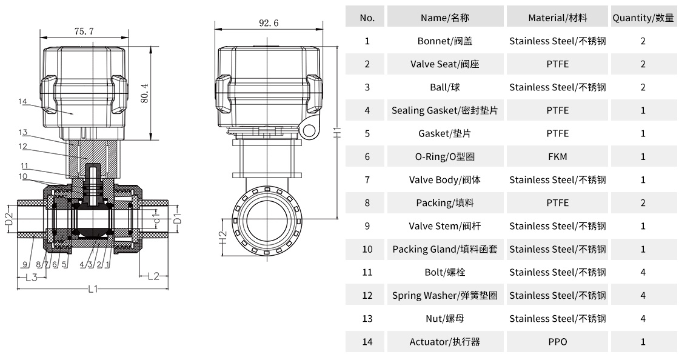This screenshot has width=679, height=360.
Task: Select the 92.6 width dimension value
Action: [x=268, y=23]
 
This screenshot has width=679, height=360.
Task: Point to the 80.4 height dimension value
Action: [x=145, y=93]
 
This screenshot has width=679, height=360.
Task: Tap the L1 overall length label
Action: [x=92, y=289]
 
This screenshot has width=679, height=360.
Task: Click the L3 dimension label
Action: [x=31, y=277]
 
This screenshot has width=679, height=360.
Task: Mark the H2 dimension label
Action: [x=222, y=238]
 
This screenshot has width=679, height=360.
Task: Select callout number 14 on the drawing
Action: [x=23, y=101]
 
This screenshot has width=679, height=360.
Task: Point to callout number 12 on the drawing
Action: [x=23, y=146]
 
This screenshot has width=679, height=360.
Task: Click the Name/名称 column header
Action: [x=444, y=18]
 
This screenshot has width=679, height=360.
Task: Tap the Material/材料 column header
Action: [x=557, y=18]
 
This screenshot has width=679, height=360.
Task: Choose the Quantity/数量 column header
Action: [x=643, y=18]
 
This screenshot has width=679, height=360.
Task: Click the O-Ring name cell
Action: [x=444, y=156]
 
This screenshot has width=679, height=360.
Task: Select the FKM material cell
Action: [x=557, y=156]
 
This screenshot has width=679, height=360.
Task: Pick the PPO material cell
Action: [x=557, y=342]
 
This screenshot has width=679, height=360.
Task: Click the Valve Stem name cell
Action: [x=444, y=226]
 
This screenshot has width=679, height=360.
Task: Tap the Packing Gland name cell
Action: [x=444, y=249]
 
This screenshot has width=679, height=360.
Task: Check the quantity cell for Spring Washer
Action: [x=643, y=295]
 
